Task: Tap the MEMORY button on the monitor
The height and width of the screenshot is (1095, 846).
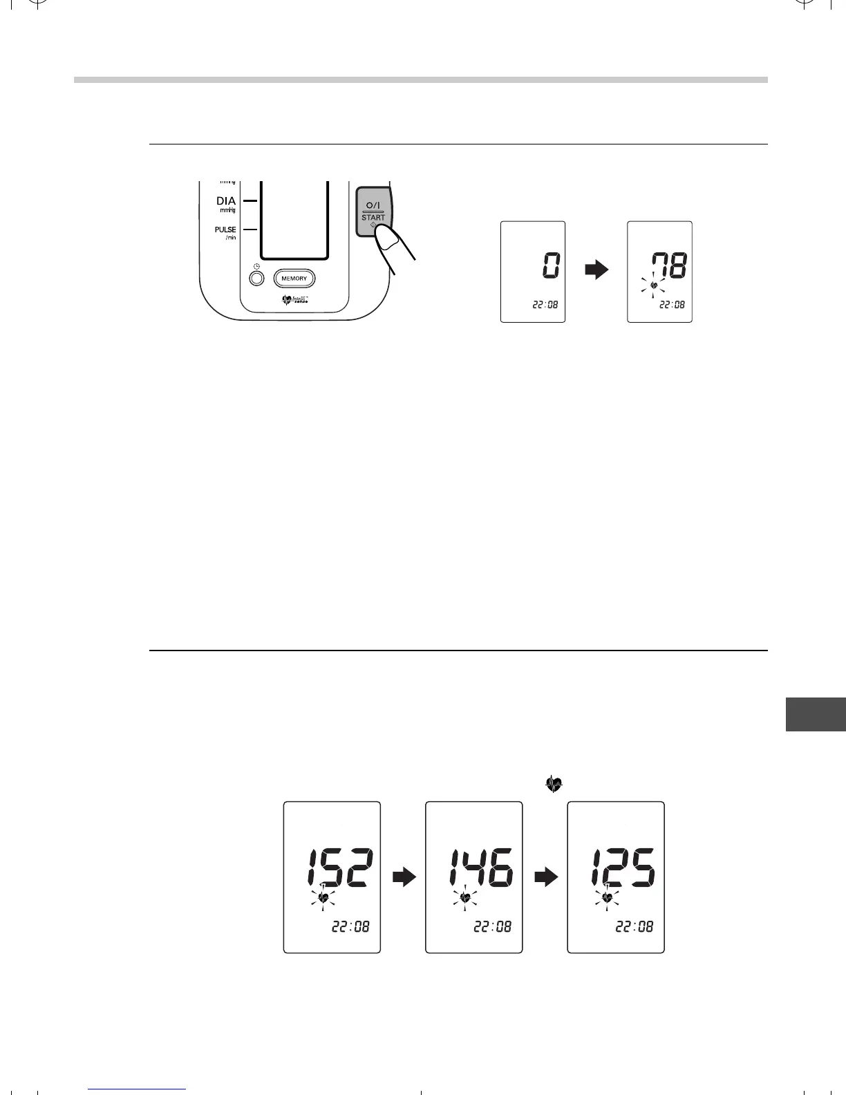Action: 294,279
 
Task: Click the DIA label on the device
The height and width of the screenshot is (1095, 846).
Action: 226,202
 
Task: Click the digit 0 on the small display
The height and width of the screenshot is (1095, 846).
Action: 550,265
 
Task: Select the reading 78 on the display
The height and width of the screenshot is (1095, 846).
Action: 666,265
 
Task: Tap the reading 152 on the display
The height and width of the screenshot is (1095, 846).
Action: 341,868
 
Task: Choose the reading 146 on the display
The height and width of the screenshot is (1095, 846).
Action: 482,868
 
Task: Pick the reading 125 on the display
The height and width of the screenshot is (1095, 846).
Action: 622,868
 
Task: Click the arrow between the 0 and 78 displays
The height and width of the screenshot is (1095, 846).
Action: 596,270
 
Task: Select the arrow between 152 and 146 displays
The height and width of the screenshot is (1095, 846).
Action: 404,878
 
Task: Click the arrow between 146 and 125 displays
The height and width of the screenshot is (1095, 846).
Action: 546,878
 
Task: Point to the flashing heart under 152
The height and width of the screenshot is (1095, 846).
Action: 323,897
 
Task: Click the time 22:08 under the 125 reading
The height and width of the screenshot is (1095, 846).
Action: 634,926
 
